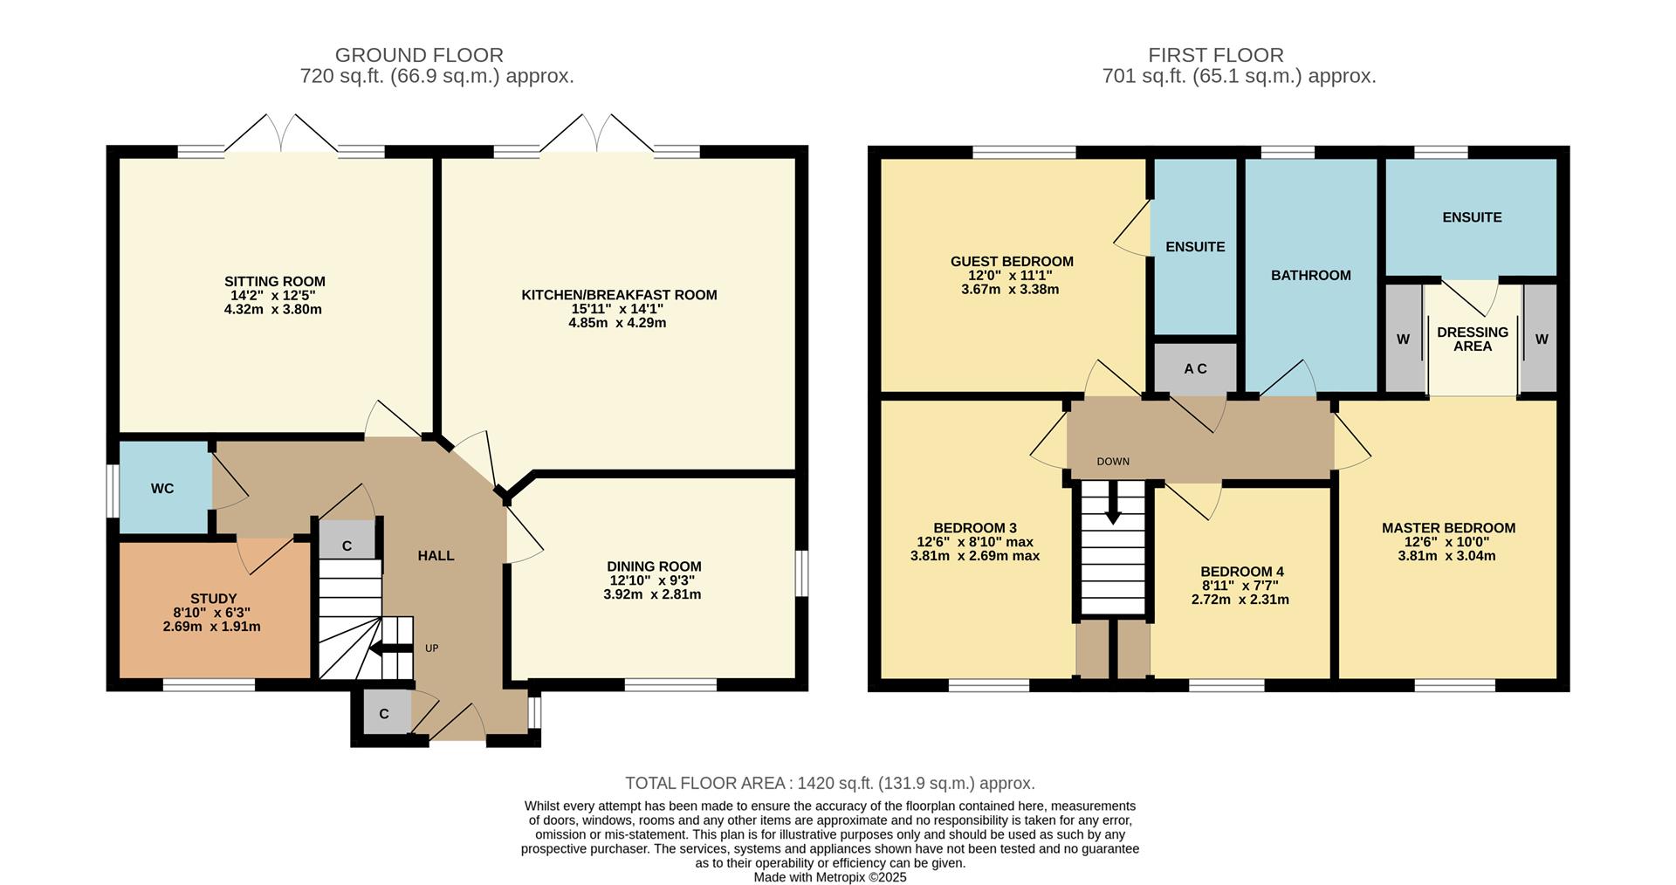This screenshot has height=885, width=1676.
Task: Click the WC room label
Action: [x=162, y=489]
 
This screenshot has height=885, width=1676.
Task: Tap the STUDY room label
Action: [x=213, y=599]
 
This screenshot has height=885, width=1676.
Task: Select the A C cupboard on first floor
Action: [x=1195, y=368]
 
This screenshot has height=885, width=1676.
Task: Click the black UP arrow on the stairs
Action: [x=390, y=648]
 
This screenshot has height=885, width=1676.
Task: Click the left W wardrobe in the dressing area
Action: [x=1403, y=339]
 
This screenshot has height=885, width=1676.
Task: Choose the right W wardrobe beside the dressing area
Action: [x=1541, y=339]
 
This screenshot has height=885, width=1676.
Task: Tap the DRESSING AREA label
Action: [x=1472, y=339]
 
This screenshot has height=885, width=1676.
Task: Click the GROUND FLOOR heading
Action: [x=419, y=55]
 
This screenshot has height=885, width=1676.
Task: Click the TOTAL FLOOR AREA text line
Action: [x=829, y=783]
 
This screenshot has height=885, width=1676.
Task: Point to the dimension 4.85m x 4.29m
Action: [x=617, y=323]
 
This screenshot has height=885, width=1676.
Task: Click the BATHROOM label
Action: [x=1310, y=275]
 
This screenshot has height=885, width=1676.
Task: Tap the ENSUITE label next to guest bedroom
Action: [x=1195, y=247]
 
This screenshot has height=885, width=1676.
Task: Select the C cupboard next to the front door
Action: [x=383, y=714]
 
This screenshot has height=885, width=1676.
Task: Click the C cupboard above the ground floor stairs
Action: [x=347, y=545]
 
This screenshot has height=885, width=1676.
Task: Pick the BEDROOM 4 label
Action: [x=1241, y=572]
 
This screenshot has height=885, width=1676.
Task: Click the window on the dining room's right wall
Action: [x=801, y=574]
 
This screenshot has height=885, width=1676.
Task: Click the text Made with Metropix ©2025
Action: [x=829, y=877]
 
